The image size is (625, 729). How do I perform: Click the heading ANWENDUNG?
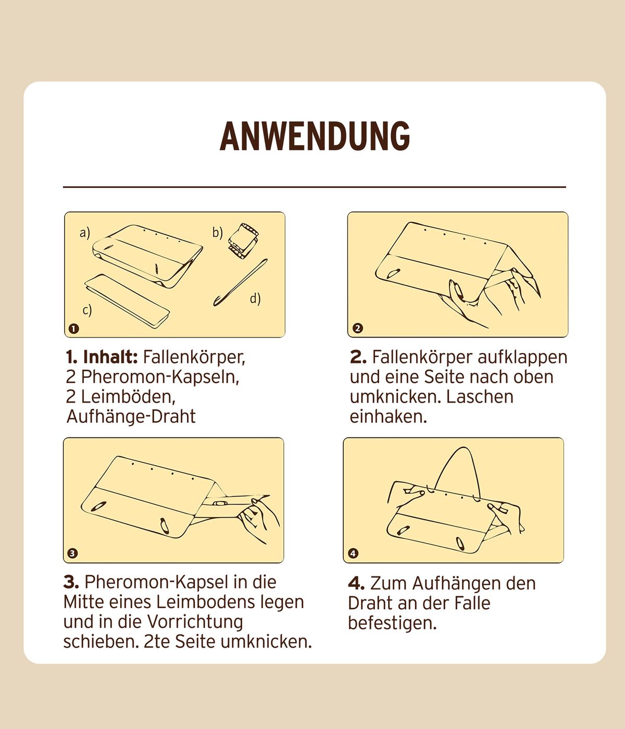point(315,136)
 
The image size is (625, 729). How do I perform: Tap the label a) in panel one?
point(85,233)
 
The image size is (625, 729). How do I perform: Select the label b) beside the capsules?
point(218,232)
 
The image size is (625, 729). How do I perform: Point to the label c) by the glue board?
point(87,310)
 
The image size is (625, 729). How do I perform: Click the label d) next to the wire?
point(255,298)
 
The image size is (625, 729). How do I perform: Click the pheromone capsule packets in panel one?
point(243,241)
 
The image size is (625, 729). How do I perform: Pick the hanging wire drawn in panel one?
point(240,283)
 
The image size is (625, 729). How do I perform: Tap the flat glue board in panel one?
point(127,301)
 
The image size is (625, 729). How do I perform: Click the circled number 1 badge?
point(74,329)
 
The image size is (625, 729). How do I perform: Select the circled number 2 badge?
point(358,329)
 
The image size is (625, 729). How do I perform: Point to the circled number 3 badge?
point(72,554)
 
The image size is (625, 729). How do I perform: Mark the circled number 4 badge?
point(353,554)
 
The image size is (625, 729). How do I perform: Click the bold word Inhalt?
point(110,357)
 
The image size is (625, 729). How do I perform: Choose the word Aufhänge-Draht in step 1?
point(131,417)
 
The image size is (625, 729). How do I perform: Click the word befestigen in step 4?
point(392,623)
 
